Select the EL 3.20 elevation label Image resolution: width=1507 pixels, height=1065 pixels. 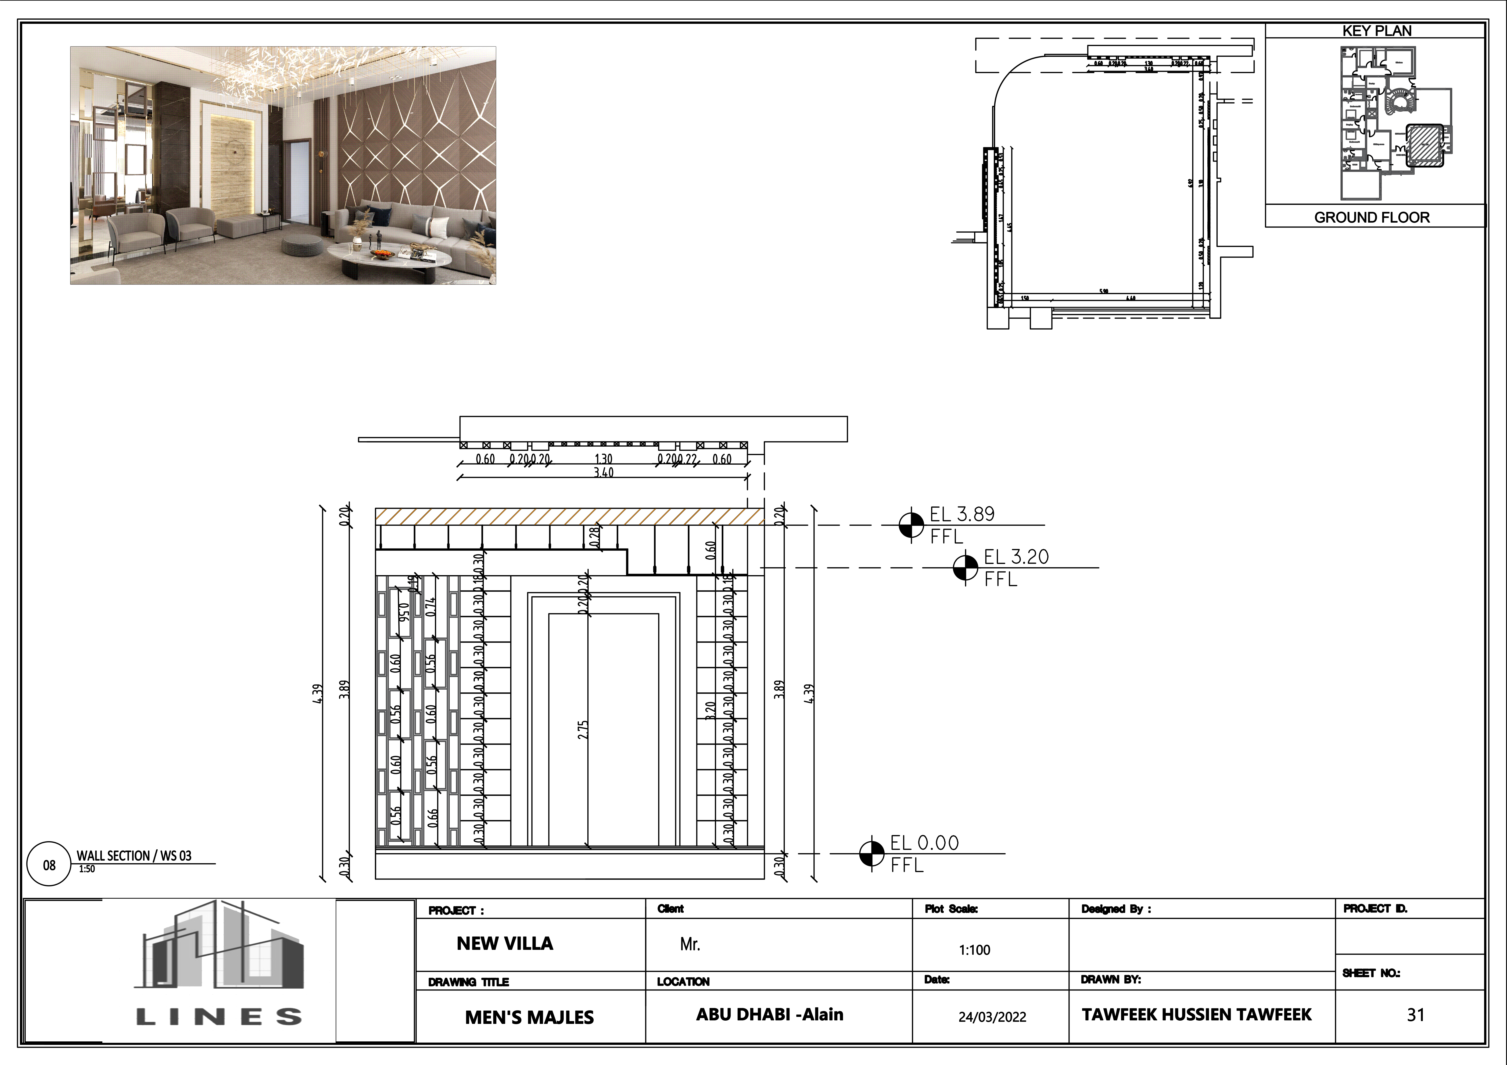(x=1016, y=557)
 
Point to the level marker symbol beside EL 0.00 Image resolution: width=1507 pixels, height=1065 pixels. (x=872, y=854)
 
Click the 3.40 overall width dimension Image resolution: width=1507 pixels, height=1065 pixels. (x=603, y=472)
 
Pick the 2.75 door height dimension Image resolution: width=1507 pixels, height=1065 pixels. (x=583, y=730)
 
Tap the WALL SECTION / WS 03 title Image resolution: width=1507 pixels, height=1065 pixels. (x=134, y=856)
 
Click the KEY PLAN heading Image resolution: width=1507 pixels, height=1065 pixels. (x=1376, y=31)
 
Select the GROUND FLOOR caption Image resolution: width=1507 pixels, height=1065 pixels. (x=1372, y=217)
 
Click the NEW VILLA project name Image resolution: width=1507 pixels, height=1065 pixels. (x=505, y=944)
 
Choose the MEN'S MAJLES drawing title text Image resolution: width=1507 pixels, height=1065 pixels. (x=529, y=1017)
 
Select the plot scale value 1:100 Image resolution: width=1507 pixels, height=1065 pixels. (x=974, y=950)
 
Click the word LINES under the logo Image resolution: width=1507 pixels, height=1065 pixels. (x=219, y=1017)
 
